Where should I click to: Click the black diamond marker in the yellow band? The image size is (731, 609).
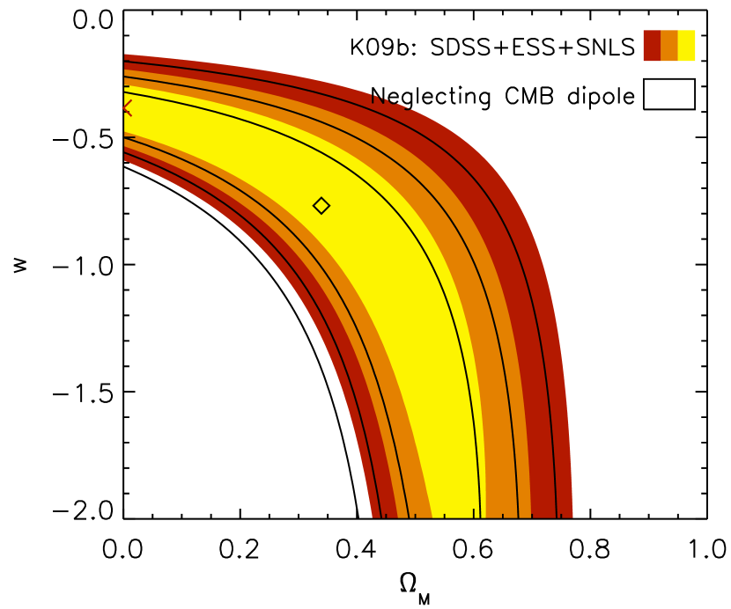(x=321, y=206)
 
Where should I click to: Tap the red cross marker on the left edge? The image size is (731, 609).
(x=125, y=108)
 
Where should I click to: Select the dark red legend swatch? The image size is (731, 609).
(x=651, y=46)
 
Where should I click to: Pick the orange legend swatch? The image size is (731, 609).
(x=669, y=46)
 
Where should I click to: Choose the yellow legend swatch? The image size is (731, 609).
(x=687, y=46)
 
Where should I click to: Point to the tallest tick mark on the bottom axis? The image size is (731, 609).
(x=474, y=513)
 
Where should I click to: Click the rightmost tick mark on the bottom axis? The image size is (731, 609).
(x=561, y=516)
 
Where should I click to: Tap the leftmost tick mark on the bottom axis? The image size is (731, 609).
(x=386, y=516)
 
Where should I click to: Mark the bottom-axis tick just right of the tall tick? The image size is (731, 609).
(x=503, y=516)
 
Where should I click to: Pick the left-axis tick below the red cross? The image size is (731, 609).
(x=129, y=137)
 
